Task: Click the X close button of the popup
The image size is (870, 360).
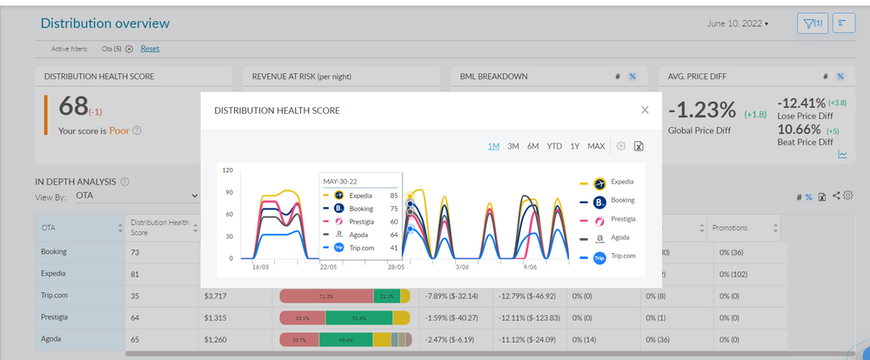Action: (x=645, y=110)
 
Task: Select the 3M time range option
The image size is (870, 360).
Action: (x=513, y=146)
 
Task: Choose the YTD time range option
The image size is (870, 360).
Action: (x=554, y=146)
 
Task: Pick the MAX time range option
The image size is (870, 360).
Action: (x=596, y=146)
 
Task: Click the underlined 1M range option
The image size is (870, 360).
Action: (x=494, y=146)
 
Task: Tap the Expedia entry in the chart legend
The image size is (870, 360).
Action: (x=621, y=182)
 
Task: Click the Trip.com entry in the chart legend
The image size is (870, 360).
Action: (x=623, y=257)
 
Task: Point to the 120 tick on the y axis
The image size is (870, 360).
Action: (x=227, y=170)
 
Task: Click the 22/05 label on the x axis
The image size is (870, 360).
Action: (x=328, y=268)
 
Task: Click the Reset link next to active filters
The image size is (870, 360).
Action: (x=150, y=49)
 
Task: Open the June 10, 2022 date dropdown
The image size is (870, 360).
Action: (x=738, y=23)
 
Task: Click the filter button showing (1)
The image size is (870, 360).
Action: (x=813, y=23)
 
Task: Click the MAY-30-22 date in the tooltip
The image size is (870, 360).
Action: (x=341, y=181)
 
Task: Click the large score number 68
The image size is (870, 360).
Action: (x=72, y=108)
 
